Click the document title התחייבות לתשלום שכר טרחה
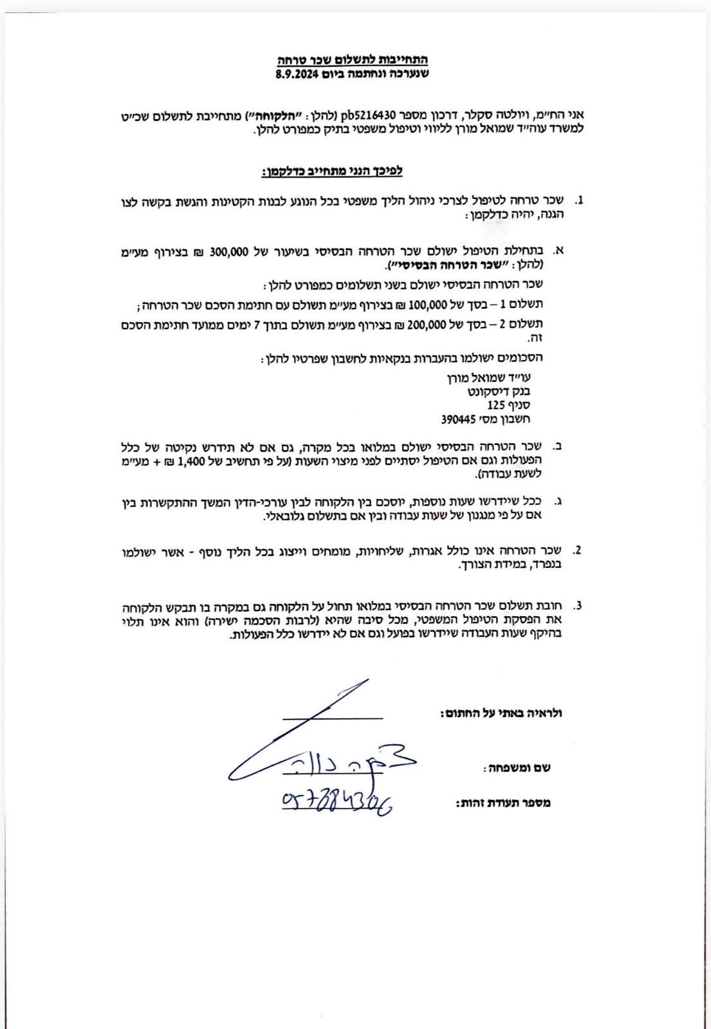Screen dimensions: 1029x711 click(352, 60)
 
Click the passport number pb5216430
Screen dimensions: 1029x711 click(367, 115)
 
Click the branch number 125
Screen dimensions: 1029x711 click(497, 405)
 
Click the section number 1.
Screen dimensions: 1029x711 click(578, 201)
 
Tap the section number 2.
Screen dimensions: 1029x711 click(577, 550)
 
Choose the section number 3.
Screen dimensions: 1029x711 click(578, 605)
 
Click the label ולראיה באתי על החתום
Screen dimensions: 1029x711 click(501, 713)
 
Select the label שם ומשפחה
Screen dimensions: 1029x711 click(517, 768)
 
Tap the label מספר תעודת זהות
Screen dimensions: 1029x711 click(503, 803)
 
